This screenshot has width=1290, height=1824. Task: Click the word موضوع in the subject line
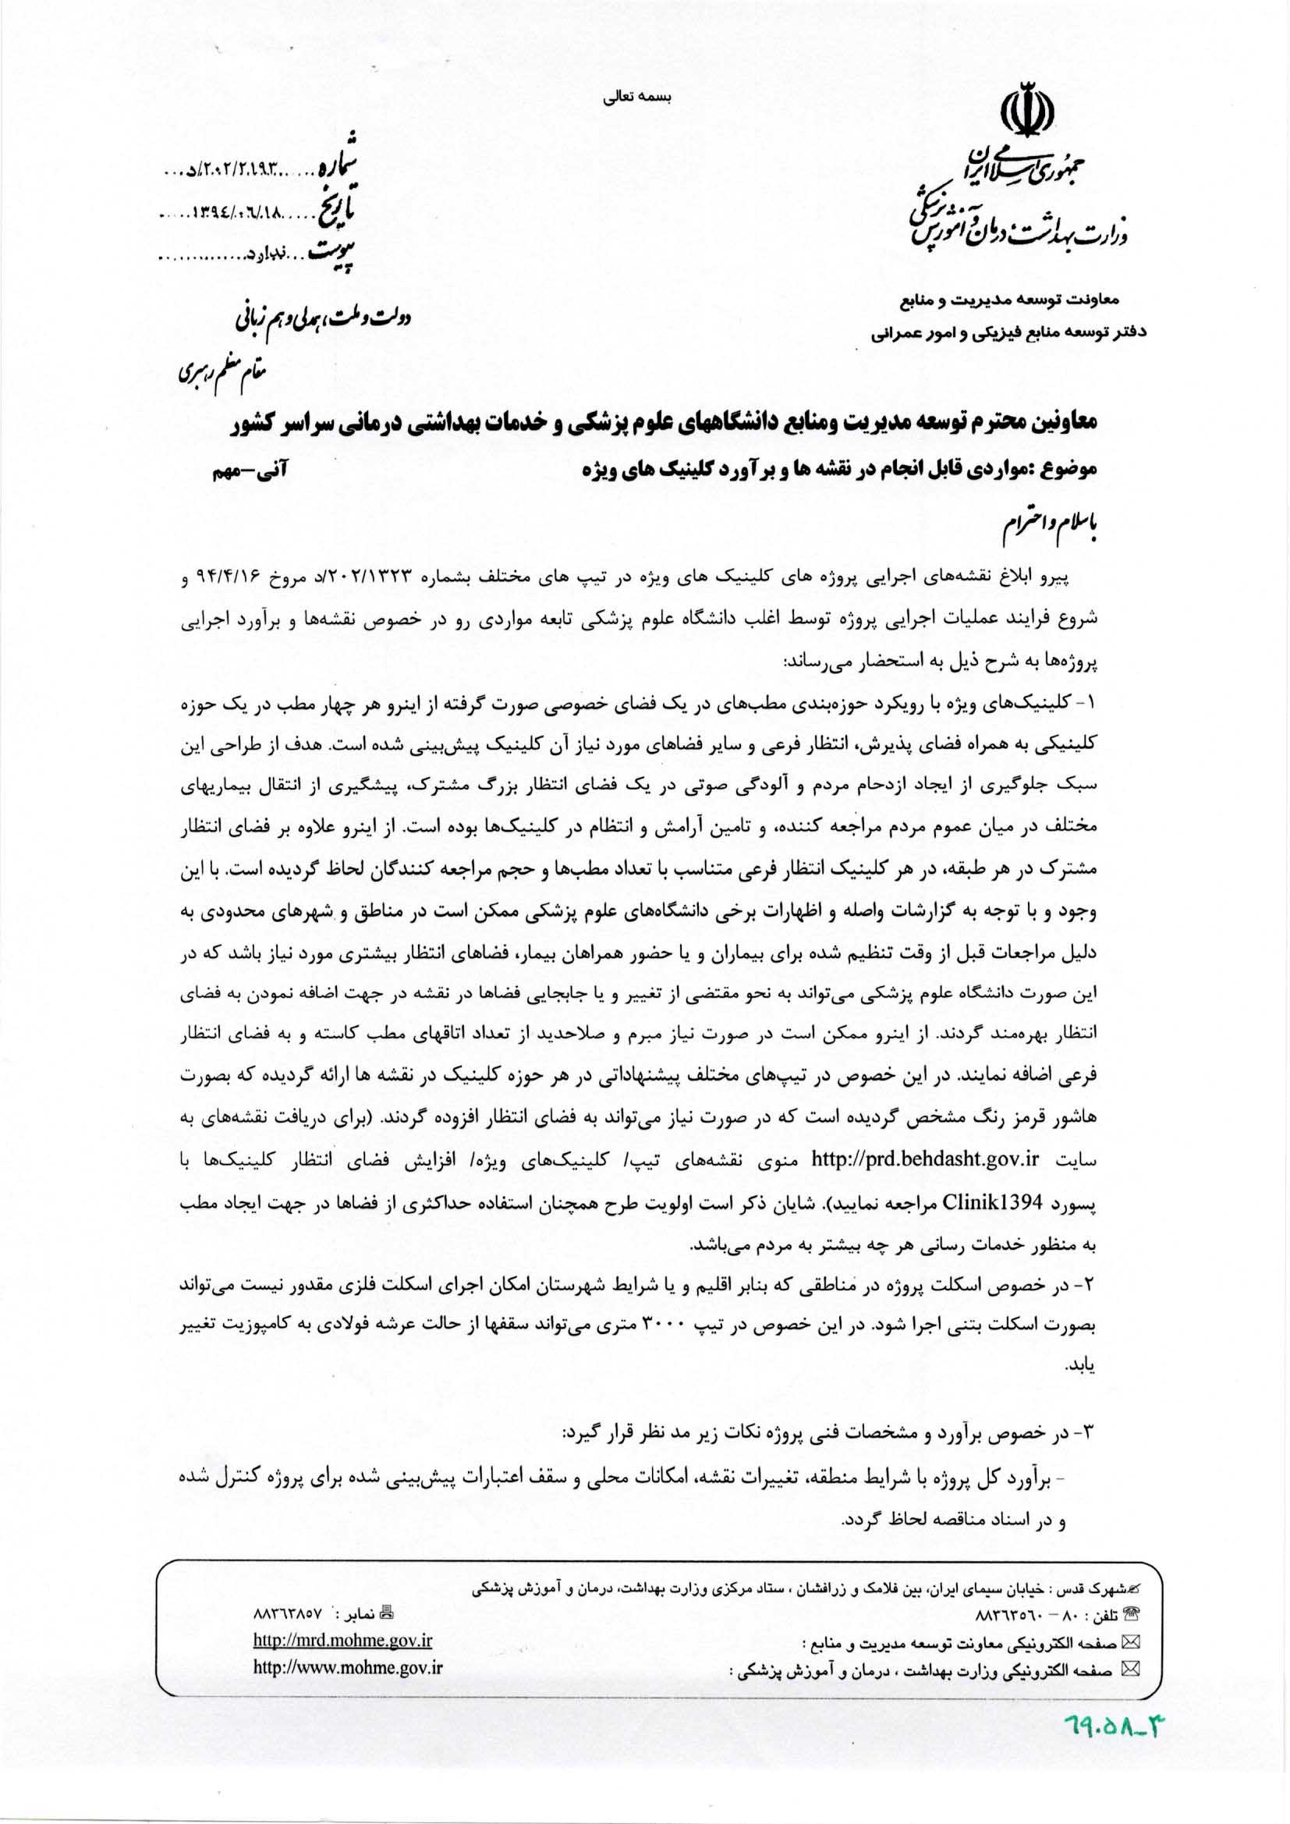point(1072,471)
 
